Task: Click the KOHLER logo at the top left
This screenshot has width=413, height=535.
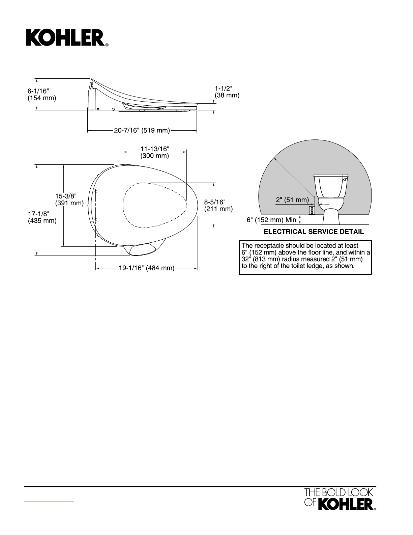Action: click(67, 38)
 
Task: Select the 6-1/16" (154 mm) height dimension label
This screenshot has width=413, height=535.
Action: click(42, 95)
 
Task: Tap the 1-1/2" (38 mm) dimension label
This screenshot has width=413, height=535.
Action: click(227, 92)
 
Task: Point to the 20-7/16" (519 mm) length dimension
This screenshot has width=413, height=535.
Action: click(142, 130)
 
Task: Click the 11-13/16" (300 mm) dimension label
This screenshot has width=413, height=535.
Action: click(155, 153)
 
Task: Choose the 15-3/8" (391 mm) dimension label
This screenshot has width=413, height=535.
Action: click(69, 200)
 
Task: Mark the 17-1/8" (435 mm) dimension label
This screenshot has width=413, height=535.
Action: click(42, 217)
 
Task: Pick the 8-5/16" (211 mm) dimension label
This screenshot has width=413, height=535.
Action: click(218, 206)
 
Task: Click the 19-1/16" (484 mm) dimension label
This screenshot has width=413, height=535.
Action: click(147, 268)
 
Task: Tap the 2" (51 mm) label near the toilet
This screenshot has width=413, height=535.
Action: click(292, 200)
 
